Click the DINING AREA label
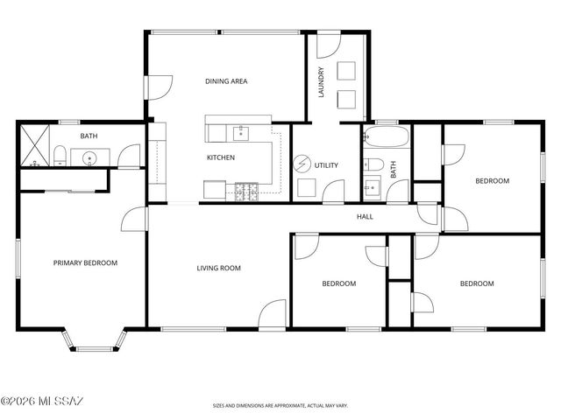pos(226,81)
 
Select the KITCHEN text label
pos(220,157)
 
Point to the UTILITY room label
pos(326,164)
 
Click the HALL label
pos(365,216)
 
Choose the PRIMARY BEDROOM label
pos(85,262)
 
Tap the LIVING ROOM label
pos(218,268)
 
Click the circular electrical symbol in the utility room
pos(302,164)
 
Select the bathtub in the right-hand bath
pos(386,137)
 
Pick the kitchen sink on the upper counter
pos(238,133)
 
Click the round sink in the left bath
pos(89,158)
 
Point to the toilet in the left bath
pos(60,157)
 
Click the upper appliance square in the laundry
pos(346,71)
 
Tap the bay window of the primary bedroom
pos(92,344)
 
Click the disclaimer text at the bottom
pos(280,406)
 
